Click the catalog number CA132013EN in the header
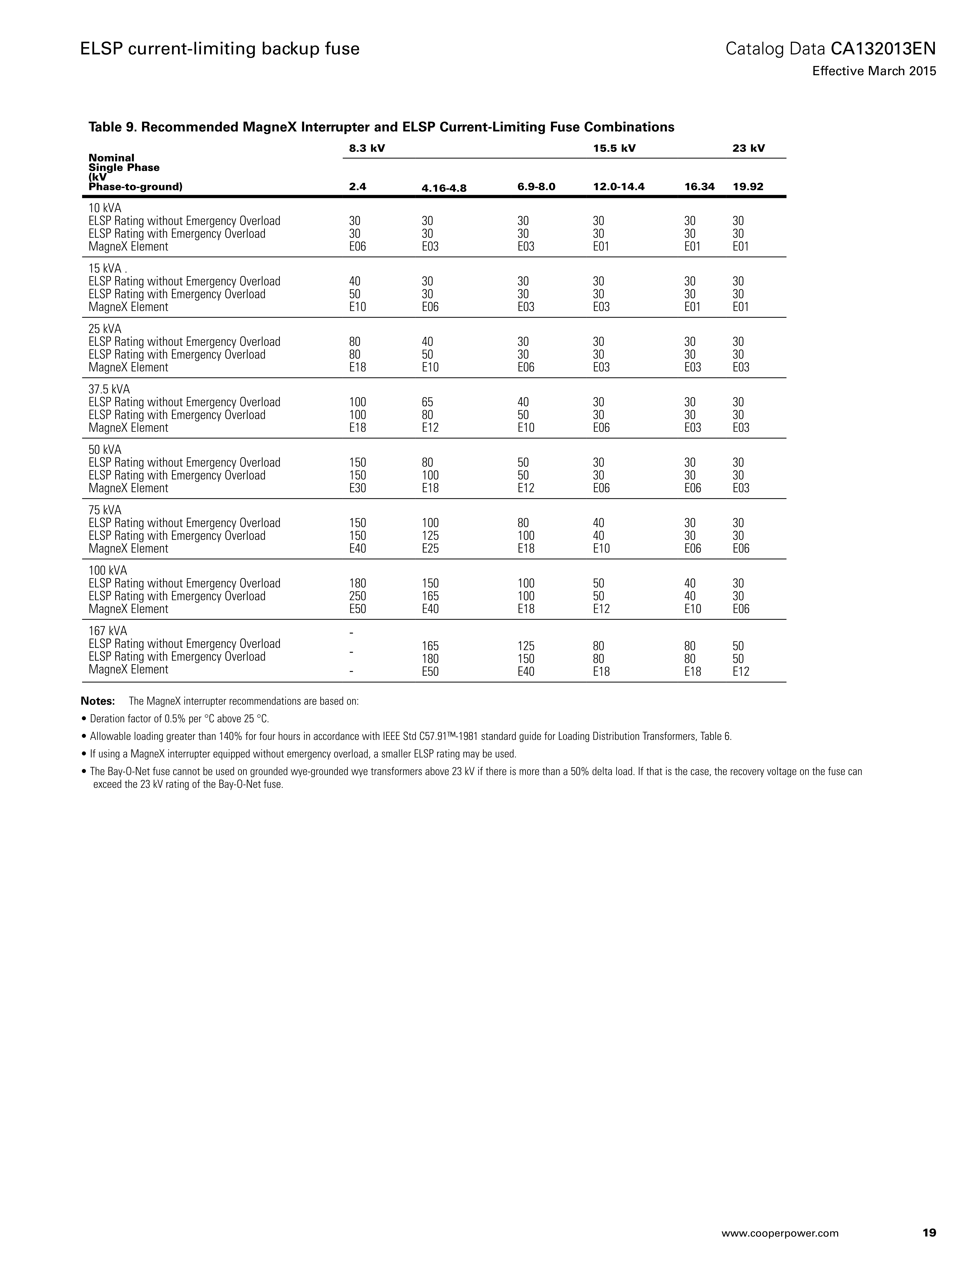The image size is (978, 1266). [883, 49]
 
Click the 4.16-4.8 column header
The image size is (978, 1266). [444, 188]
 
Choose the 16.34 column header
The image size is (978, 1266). [699, 187]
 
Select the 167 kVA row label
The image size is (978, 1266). [108, 631]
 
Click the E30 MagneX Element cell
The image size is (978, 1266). [358, 488]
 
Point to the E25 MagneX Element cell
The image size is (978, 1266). [430, 548]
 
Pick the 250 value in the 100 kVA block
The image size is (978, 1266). [358, 596]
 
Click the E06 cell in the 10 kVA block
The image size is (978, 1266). [358, 246]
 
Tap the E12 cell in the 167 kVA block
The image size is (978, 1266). [741, 672]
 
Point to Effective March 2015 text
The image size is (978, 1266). [874, 71]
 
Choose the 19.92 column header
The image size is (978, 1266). [748, 187]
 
